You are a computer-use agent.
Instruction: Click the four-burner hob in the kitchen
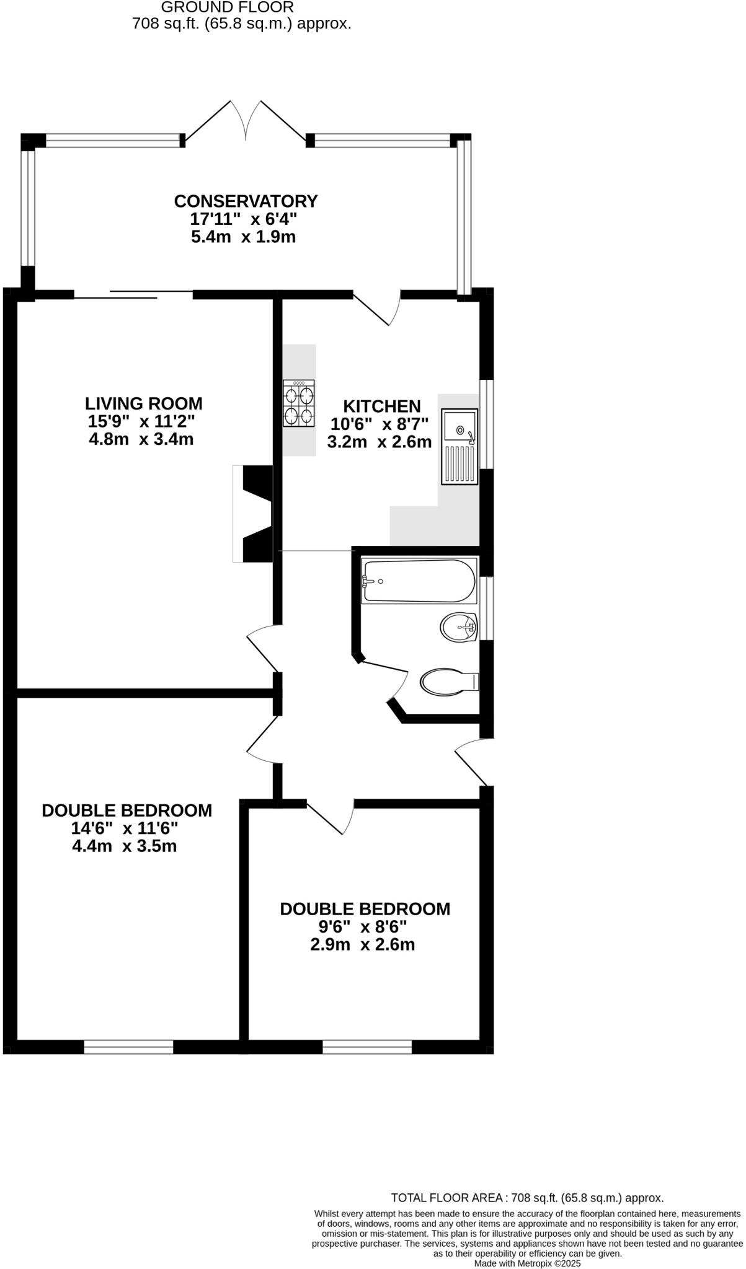[299, 403]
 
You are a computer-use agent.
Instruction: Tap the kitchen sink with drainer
[460, 446]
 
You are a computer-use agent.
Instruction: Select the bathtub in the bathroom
[419, 581]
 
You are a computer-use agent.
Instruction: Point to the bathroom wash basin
[459, 627]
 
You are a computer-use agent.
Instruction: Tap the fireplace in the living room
[253, 514]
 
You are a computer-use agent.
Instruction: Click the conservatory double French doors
[246, 121]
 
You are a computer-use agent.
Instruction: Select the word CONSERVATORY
[246, 201]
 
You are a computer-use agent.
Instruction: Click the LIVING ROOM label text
[144, 403]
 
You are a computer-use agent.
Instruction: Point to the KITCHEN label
[382, 406]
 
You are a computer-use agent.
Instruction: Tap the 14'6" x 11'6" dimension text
[125, 828]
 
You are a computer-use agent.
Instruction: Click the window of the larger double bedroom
[128, 1047]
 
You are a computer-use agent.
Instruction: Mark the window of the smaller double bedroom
[367, 1047]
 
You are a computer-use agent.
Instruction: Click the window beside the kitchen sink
[489, 424]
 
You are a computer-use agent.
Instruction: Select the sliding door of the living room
[133, 294]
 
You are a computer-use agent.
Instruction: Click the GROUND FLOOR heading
[228, 7]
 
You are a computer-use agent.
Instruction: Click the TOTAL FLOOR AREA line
[527, 1198]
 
